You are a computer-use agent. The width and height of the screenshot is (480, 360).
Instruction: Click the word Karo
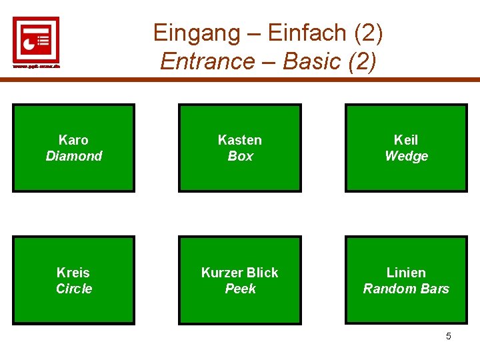coord(73,140)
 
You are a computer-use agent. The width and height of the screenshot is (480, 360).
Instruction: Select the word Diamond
coord(73,156)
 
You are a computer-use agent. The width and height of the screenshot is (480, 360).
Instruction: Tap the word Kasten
coord(240,140)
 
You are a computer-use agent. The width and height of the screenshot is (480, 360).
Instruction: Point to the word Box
coord(240,156)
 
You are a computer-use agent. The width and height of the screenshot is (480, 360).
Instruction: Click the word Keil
coord(406,140)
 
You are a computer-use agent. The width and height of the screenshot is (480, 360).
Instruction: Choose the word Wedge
coord(406,156)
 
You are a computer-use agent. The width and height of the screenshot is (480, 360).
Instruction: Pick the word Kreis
coord(73,273)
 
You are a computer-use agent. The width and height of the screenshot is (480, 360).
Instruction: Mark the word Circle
coord(73,289)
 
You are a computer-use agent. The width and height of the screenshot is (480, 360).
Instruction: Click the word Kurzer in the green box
coord(222,273)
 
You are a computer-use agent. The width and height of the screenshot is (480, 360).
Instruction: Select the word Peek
coord(240,289)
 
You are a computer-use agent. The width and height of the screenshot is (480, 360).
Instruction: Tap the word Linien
coord(406,273)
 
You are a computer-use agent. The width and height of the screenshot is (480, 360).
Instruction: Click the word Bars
coord(435,289)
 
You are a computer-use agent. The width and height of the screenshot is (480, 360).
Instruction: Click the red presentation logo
coord(36,39)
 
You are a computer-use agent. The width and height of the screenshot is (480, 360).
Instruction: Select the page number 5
coord(448,336)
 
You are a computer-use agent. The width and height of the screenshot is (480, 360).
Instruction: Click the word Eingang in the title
coord(193,32)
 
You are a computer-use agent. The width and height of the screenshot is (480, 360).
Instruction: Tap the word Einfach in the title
coord(308,32)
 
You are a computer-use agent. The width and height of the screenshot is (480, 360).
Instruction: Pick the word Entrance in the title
coord(207,61)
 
